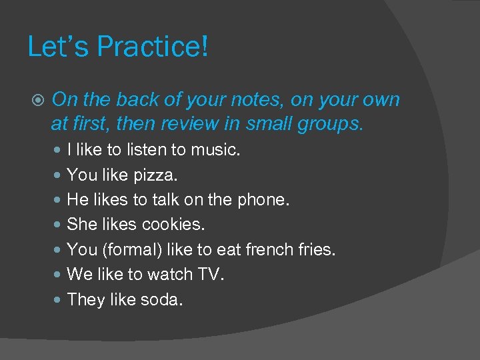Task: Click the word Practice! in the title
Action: pyautogui.click(x=153, y=47)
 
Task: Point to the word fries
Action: pyautogui.click(x=317, y=250)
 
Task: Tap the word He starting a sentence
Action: pyautogui.click(x=78, y=200)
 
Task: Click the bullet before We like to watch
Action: pyautogui.click(x=58, y=275)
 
